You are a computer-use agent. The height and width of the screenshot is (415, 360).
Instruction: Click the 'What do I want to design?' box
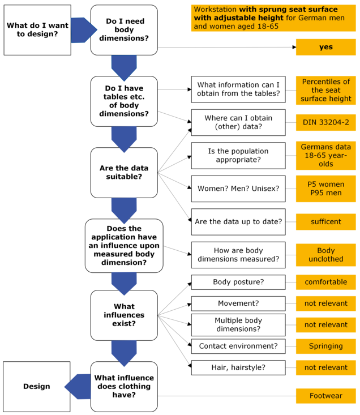(37, 30)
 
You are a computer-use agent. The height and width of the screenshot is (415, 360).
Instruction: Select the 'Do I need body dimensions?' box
(124, 30)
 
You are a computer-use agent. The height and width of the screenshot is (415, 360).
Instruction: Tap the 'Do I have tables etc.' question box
(124, 101)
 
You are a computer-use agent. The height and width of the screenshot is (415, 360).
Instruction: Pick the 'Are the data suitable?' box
(124, 173)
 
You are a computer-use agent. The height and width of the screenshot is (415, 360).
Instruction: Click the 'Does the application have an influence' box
(124, 246)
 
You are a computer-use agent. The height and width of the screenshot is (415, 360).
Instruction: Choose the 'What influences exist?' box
(124, 315)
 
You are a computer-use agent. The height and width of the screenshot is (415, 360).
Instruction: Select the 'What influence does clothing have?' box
(124, 387)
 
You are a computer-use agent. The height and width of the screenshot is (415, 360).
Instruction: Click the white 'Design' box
(37, 387)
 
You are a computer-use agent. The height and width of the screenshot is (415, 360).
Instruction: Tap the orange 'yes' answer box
(325, 47)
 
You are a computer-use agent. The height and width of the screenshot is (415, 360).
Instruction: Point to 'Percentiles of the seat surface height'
(325, 90)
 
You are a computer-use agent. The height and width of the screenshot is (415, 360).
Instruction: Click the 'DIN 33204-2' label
(325, 122)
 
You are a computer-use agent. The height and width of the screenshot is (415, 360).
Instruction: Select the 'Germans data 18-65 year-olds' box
(325, 155)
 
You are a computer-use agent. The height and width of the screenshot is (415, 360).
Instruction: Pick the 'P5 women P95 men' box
(325, 189)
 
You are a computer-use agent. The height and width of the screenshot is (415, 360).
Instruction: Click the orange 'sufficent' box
(325, 222)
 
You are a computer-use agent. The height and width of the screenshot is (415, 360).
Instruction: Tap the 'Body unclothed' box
(325, 255)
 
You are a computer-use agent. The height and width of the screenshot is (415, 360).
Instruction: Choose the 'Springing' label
(325, 346)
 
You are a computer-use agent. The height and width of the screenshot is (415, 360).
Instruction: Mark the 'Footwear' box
(325, 396)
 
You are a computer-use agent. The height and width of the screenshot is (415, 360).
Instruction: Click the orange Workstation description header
(273, 18)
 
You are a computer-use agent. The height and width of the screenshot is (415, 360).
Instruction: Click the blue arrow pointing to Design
(78, 387)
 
